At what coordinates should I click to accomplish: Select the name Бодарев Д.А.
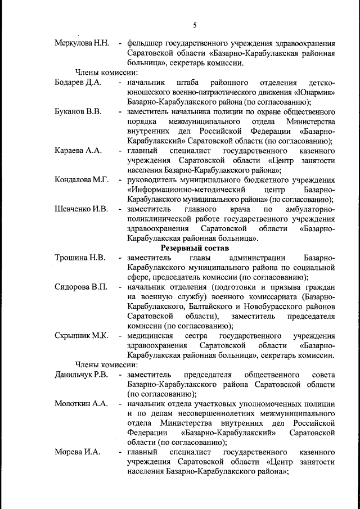[x=78, y=83]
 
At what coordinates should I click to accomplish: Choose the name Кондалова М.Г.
[x=82, y=180]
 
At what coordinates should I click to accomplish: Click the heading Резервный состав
[x=195, y=248]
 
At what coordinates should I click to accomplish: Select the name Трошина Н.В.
[x=80, y=258]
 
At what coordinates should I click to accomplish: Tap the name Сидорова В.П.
[x=81, y=287]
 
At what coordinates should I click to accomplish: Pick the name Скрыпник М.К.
[x=82, y=336]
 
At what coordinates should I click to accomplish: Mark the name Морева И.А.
[x=77, y=452]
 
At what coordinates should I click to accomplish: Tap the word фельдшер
[x=146, y=43]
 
